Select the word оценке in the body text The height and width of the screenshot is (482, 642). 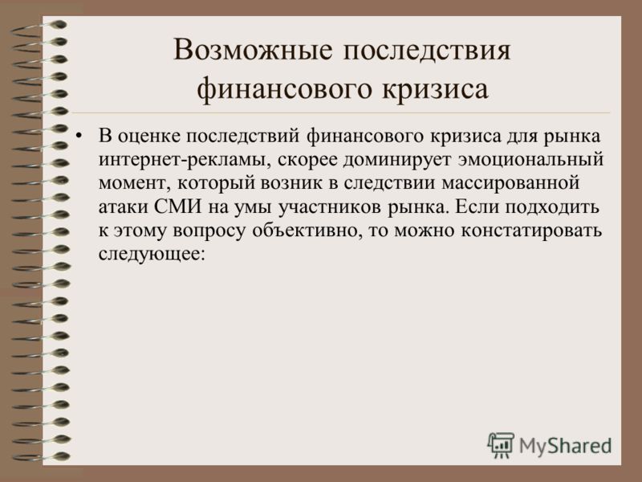coord(149,137)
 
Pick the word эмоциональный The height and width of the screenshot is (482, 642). coord(530,159)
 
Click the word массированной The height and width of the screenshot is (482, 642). coord(510,183)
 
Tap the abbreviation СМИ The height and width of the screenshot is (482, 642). coord(178,206)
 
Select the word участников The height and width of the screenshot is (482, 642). coord(329,207)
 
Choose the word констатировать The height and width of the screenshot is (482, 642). coord(532,231)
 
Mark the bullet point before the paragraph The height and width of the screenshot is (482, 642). coord(80,137)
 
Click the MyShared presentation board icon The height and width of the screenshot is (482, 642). coord(501,445)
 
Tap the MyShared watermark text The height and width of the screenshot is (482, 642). coord(566,446)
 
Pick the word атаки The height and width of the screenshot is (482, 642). coord(124,206)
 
